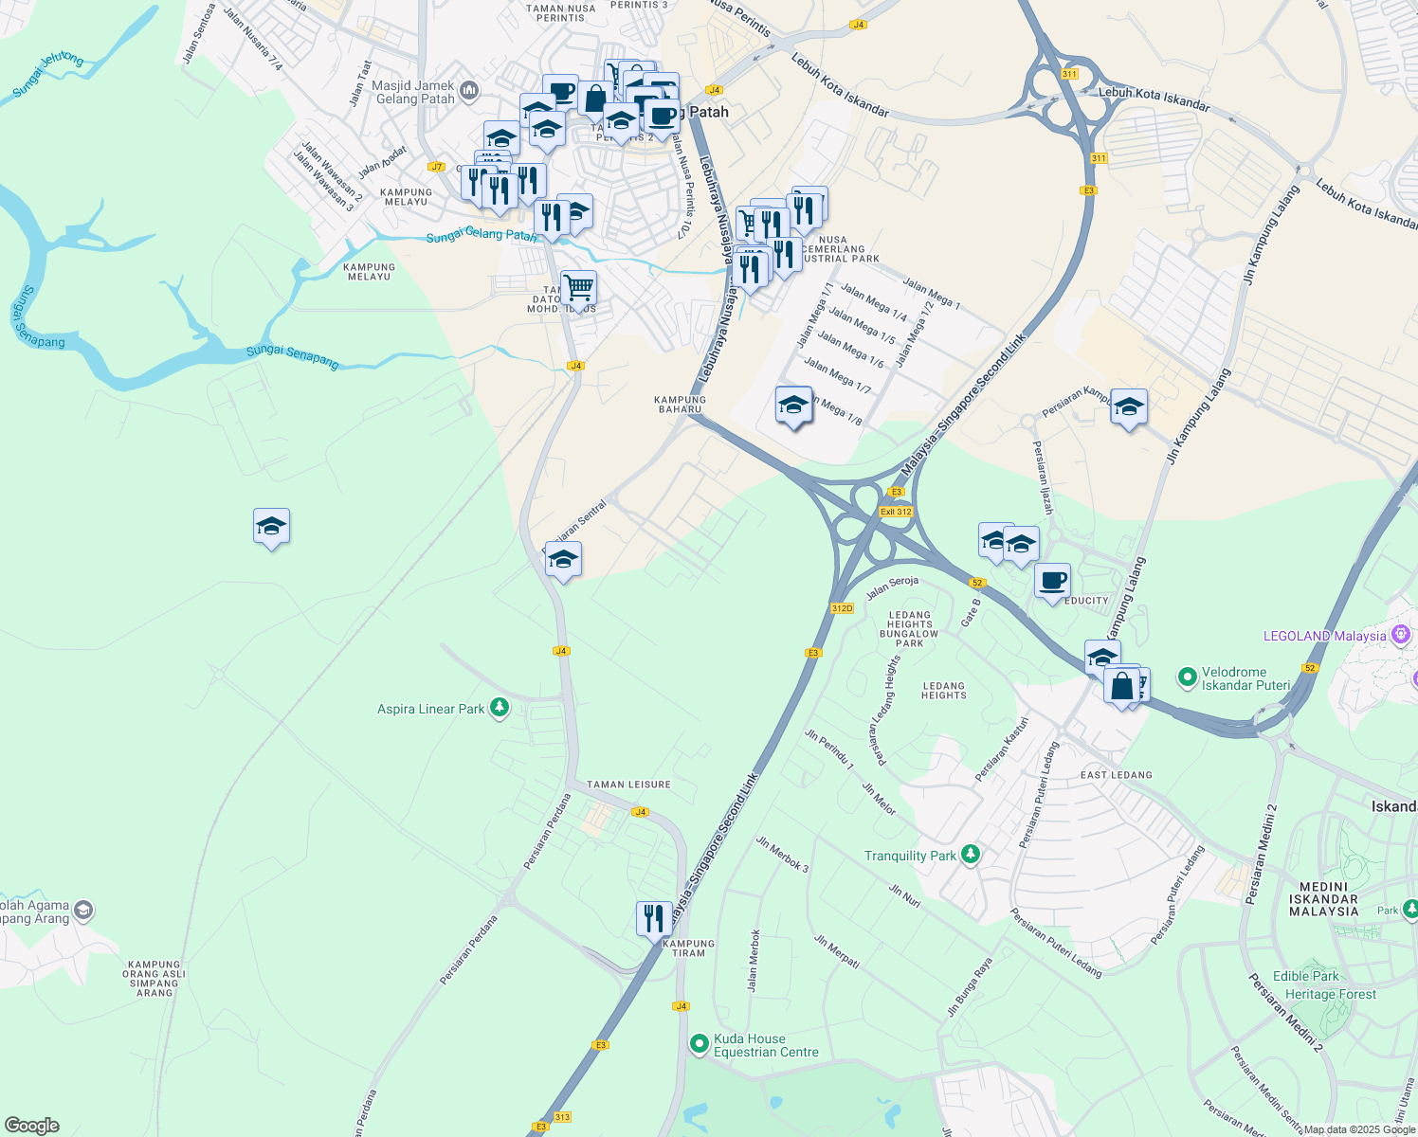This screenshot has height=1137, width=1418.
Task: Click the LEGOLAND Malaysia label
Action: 1324,636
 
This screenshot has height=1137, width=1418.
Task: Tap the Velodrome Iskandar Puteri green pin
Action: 1186,677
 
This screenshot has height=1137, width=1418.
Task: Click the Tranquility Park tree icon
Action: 970,855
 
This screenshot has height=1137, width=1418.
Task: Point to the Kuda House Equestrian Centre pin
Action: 699,1044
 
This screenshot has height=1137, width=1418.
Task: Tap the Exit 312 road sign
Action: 896,512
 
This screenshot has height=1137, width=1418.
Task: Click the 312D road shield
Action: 842,608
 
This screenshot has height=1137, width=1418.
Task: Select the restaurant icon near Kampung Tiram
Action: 653,918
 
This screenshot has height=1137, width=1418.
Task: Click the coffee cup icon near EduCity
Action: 1051,580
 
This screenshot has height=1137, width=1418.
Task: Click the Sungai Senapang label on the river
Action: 292,356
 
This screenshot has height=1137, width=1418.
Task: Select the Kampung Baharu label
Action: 681,405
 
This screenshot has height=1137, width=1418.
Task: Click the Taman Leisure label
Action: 628,785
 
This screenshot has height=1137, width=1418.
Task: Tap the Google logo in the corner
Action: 31,1126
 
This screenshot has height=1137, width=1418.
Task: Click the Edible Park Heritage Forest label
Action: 1318,985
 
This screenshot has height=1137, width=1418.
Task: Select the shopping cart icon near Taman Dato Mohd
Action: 577,288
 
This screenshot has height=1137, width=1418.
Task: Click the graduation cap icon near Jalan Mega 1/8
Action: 793,406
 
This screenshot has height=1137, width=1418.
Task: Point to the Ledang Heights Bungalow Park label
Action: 909,629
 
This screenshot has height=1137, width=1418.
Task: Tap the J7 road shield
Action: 436,167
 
